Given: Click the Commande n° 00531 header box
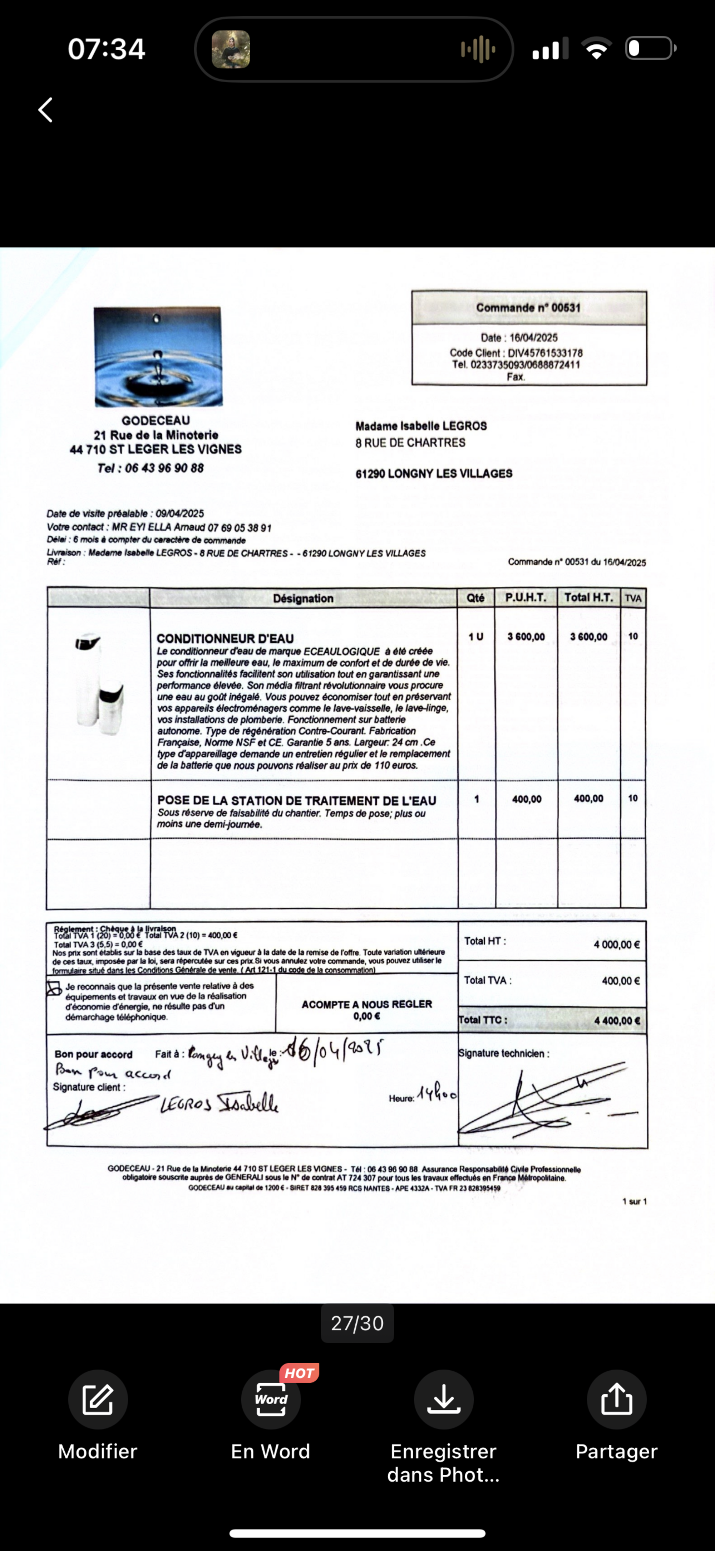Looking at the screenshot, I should click(528, 308).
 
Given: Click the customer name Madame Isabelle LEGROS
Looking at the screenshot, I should click(421, 426).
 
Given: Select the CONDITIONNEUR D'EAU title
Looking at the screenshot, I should click(225, 639).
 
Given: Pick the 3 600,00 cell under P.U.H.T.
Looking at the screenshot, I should click(526, 637).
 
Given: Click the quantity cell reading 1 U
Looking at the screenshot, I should click(475, 637).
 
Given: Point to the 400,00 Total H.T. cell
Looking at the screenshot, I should click(588, 799).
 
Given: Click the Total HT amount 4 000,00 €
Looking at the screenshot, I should click(616, 945).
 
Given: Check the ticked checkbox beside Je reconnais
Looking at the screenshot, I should click(54, 989).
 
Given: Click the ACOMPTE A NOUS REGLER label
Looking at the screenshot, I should click(366, 1004).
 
